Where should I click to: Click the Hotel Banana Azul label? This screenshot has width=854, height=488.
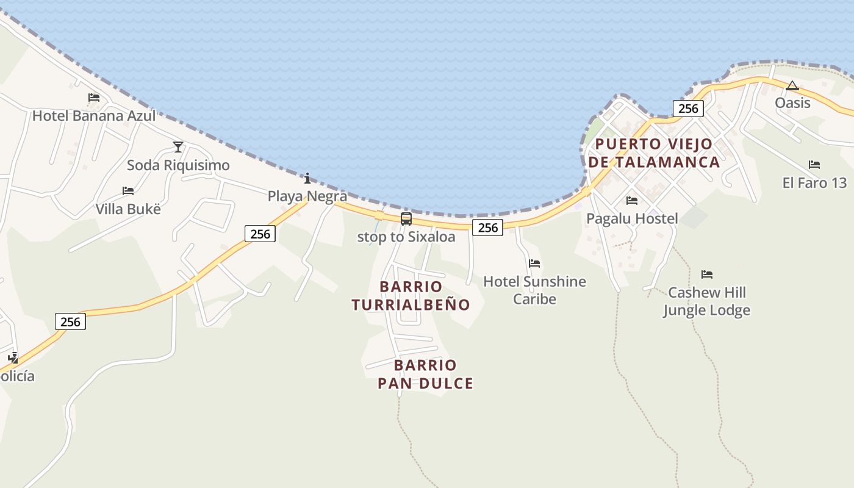[x=94, y=115]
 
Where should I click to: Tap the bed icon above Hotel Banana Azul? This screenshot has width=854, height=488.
[x=94, y=98]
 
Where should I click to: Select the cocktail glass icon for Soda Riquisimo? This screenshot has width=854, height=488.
[x=178, y=146]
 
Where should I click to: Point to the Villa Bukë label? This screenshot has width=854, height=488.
[x=128, y=209]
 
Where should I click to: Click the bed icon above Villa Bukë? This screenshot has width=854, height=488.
[x=128, y=191]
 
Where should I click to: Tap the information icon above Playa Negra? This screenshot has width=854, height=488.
[x=307, y=178]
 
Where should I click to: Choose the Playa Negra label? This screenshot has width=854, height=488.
[x=307, y=196]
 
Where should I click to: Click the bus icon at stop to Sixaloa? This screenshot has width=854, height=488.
[x=406, y=219]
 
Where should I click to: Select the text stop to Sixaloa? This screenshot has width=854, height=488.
[x=406, y=237]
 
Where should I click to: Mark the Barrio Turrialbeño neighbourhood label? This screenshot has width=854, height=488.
[x=411, y=295]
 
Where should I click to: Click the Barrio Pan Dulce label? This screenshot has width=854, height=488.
[x=425, y=375]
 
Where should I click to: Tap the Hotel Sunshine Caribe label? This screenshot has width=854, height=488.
[x=534, y=290]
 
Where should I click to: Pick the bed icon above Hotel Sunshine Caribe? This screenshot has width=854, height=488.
[x=534, y=264]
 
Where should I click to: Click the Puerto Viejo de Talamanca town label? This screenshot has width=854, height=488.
[x=653, y=153]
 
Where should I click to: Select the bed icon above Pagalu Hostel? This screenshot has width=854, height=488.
[x=632, y=200]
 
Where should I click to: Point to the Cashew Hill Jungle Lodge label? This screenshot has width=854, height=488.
[x=706, y=301]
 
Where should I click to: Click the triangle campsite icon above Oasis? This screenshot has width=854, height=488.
[x=792, y=85]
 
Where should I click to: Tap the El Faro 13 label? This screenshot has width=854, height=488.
[x=814, y=182]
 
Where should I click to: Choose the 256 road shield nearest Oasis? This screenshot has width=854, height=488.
[x=688, y=109]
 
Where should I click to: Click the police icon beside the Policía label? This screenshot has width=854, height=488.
[x=13, y=358]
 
